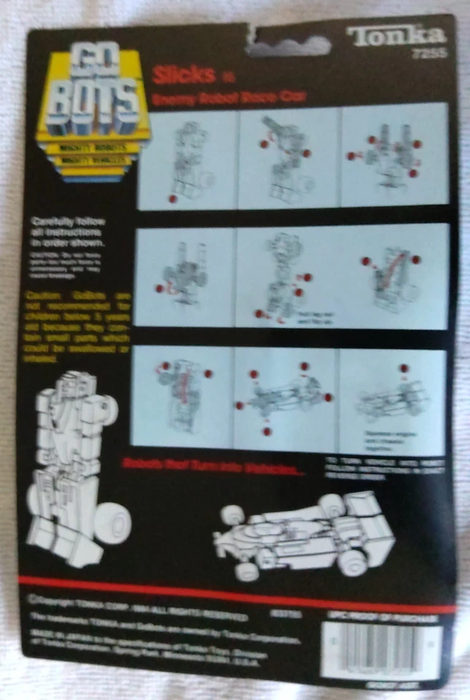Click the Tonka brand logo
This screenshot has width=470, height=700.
[396, 35]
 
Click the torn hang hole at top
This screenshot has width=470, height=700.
[286, 42]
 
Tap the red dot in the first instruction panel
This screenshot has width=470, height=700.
[173, 198]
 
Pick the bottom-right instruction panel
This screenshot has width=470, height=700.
[392, 401]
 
